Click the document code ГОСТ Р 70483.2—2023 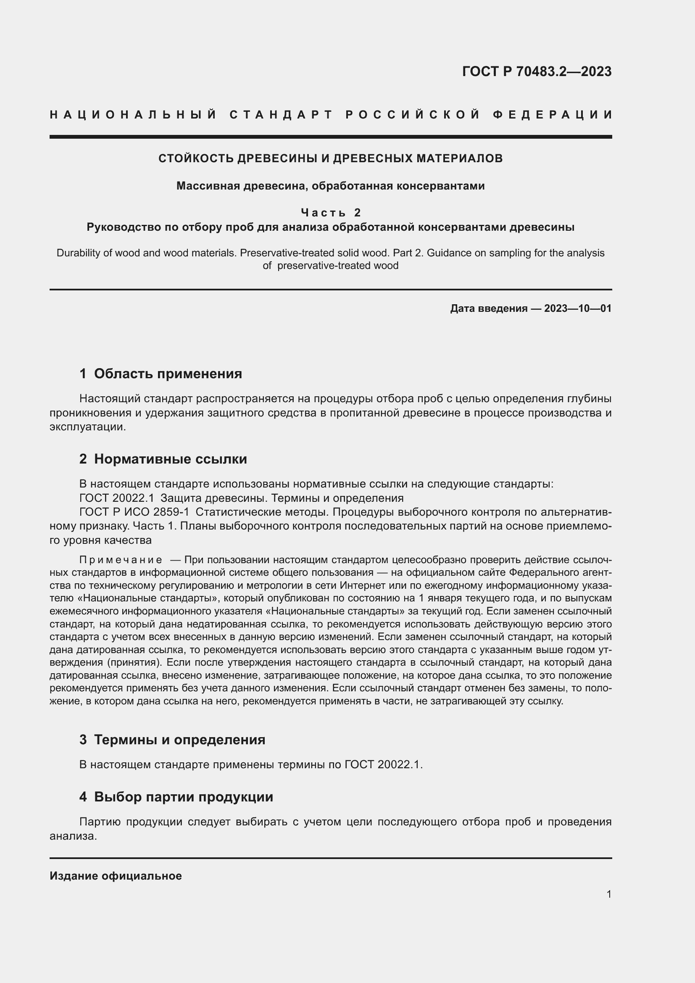pos(537,71)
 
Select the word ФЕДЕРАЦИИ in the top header pos(553,115)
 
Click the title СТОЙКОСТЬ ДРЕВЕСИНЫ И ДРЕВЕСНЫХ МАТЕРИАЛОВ pos(330,158)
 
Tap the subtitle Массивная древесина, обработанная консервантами pos(330,186)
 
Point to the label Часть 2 pos(331,212)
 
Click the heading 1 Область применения pos(161,374)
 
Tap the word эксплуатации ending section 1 pos(87,427)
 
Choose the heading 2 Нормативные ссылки pos(163,459)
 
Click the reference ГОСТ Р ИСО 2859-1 pos(134,512)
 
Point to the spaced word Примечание pos(121,560)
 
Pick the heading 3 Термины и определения pos(172,740)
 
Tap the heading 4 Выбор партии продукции pos(176,797)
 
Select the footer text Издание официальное pos(116,876)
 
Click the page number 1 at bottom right pos(608,894)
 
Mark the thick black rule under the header pos(330,137)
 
